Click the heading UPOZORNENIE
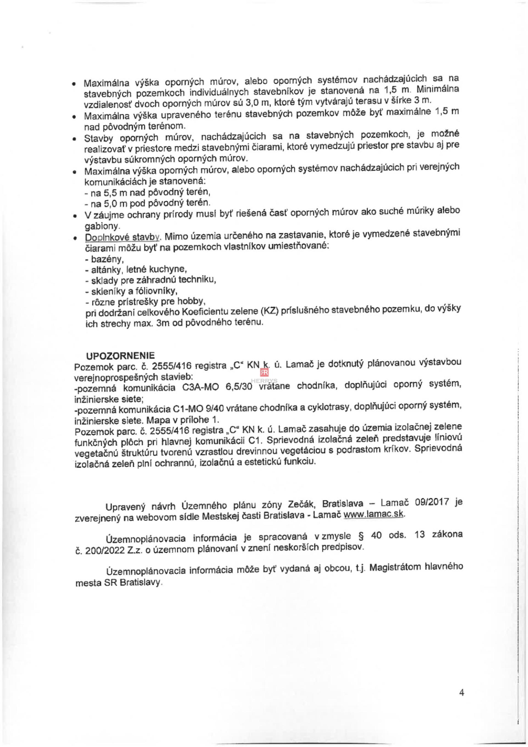tap(120, 355)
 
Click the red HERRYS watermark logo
tap(264, 373)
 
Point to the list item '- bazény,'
tap(104, 259)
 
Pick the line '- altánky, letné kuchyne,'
tap(136, 269)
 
